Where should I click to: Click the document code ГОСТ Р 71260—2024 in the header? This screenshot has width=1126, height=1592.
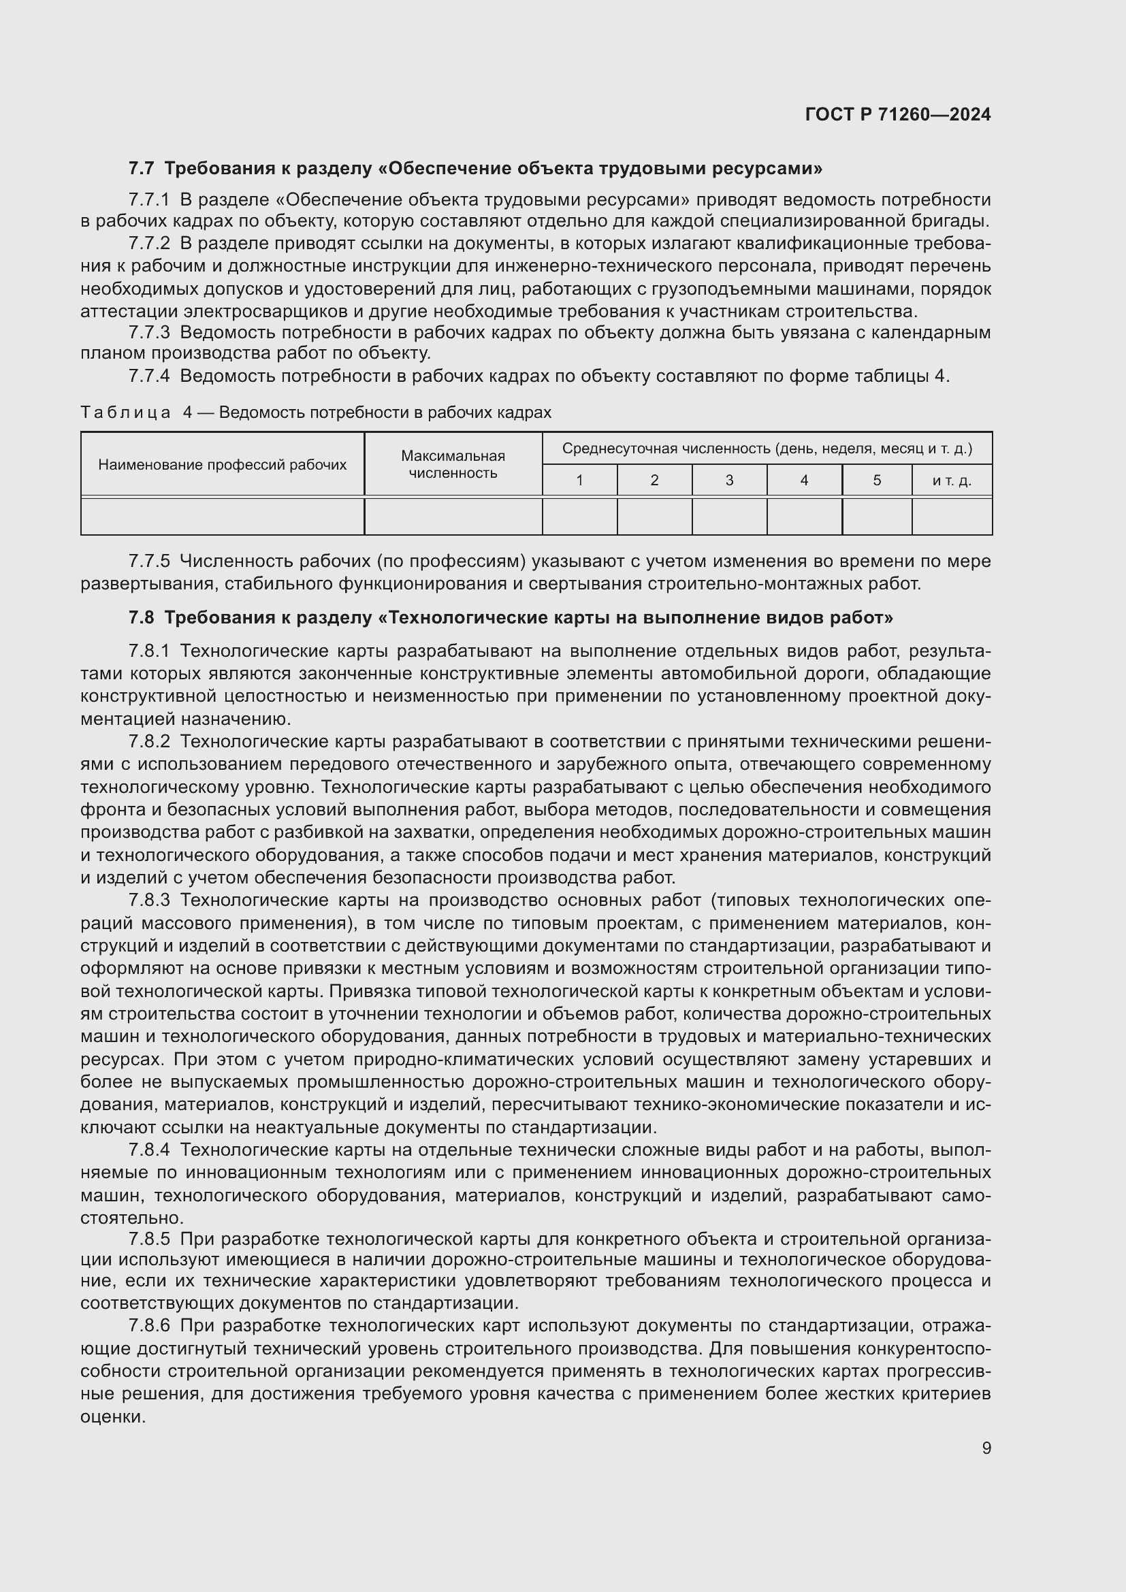pyautogui.click(x=898, y=114)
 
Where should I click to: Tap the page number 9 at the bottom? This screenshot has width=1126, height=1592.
pyautogui.click(x=986, y=1448)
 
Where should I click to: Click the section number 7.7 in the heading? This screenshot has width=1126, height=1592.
pyautogui.click(x=141, y=169)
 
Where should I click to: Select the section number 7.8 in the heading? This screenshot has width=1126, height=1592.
pyautogui.click(x=141, y=617)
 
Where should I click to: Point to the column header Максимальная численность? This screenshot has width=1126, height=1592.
pyautogui.click(x=453, y=465)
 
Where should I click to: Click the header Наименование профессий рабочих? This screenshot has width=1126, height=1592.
pyautogui.click(x=222, y=465)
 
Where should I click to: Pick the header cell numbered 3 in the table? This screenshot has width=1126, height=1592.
pyautogui.click(x=728, y=481)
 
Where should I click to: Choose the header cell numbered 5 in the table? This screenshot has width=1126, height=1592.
pyautogui.click(x=876, y=481)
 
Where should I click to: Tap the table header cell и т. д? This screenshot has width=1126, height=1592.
pyautogui.click(x=951, y=481)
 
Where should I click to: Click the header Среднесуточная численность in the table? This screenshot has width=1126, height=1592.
pyautogui.click(x=766, y=449)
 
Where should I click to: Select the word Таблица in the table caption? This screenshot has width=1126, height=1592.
pyautogui.click(x=125, y=412)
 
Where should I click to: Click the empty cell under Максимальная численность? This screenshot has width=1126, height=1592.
pyautogui.click(x=453, y=517)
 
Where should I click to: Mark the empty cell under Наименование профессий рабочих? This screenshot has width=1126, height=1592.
pyautogui.click(x=222, y=517)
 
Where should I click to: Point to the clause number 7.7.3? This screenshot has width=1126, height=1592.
pyautogui.click(x=148, y=333)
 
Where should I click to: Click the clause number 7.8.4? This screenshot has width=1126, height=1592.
pyautogui.click(x=148, y=1150)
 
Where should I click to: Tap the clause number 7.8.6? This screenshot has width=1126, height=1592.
pyautogui.click(x=148, y=1326)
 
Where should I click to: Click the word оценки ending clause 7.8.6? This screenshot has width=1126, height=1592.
pyautogui.click(x=112, y=1416)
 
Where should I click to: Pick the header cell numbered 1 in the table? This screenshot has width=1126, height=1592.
pyautogui.click(x=579, y=481)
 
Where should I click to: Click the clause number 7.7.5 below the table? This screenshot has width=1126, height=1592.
pyautogui.click(x=148, y=561)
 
